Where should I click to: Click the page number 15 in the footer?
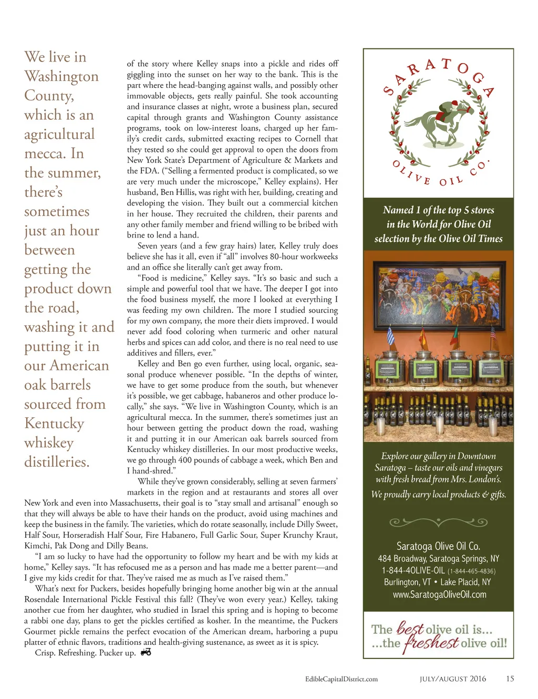pos(510,679)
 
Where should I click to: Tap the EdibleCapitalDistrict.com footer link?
pos(341,679)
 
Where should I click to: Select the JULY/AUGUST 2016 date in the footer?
pos(452,679)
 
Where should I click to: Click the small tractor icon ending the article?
pos(146,652)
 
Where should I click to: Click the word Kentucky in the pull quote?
pos(54,423)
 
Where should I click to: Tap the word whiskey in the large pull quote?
pos(49,443)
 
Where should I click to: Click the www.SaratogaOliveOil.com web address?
pos(439,594)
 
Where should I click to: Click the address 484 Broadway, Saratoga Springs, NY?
pos(438,559)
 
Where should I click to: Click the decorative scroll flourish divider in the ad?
pos(438,522)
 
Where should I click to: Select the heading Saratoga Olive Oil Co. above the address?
pos(438,546)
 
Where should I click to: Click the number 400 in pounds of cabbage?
pos(185,460)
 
